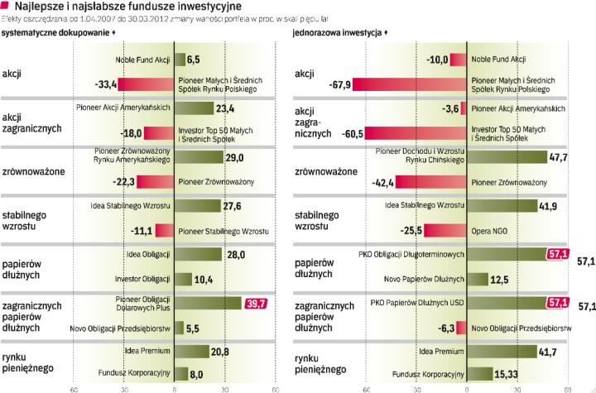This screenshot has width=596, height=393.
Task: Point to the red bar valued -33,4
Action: click(146, 84)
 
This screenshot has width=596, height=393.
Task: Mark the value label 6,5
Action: click(194, 60)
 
